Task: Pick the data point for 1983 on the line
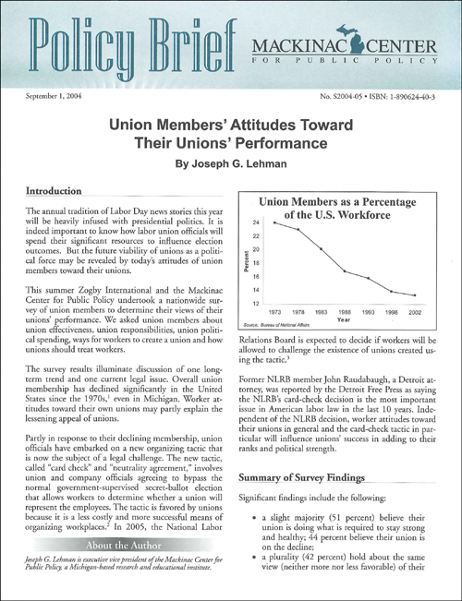click(321, 249)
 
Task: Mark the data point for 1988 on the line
click(344, 270)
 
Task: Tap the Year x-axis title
click(343, 319)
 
